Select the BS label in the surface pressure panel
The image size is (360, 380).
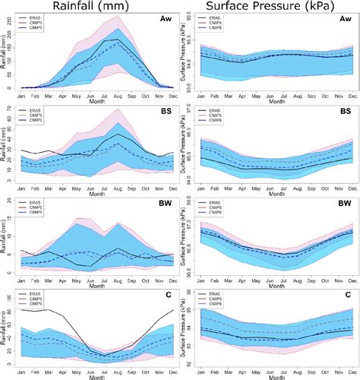344,112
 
